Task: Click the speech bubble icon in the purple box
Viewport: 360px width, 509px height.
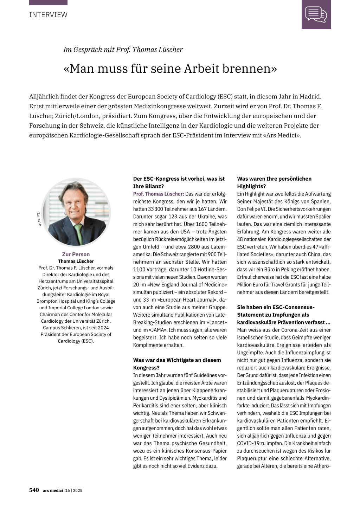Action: click(316, 14)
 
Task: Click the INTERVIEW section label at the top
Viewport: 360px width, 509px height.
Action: click(48, 15)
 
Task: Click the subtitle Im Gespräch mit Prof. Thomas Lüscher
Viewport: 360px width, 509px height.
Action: click(123, 50)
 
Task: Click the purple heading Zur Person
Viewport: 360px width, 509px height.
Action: click(76, 254)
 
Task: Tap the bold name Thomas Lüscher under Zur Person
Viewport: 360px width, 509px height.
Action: click(76, 261)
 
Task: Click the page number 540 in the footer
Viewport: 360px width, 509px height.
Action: click(34, 490)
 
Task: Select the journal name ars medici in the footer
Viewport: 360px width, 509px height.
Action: click(53, 490)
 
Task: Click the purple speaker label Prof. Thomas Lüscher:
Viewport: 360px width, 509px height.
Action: click(159, 194)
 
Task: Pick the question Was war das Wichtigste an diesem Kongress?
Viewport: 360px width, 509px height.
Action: click(177, 364)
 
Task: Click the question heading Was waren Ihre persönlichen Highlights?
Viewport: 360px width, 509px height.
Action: click(274, 182)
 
